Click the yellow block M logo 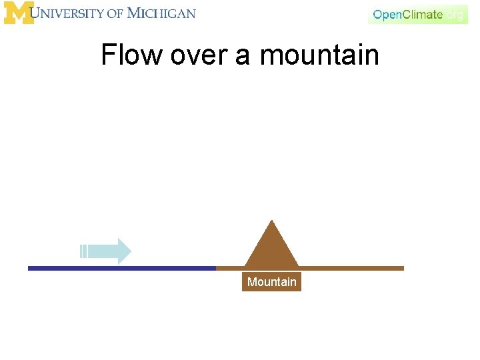point(19,13)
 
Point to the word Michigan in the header point(161,13)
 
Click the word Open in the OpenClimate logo point(386,15)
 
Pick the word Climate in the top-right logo point(421,14)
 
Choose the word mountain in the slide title point(319,55)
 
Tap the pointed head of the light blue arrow point(124,251)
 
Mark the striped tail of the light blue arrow point(83,251)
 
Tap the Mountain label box point(271,282)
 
